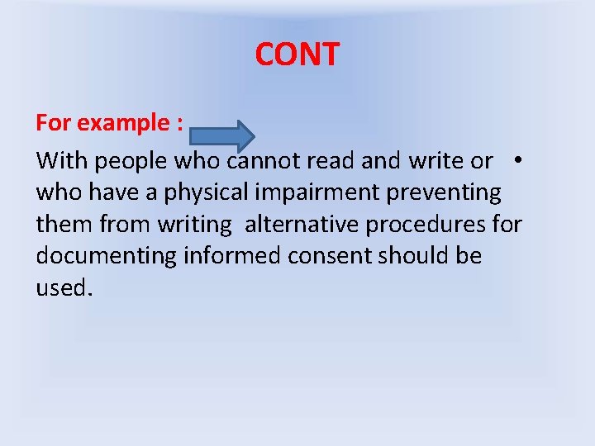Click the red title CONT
(297, 55)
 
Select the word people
(132, 161)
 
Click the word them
(64, 224)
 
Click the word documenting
(106, 256)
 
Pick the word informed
(232, 256)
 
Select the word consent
(330, 256)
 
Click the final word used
(63, 288)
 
